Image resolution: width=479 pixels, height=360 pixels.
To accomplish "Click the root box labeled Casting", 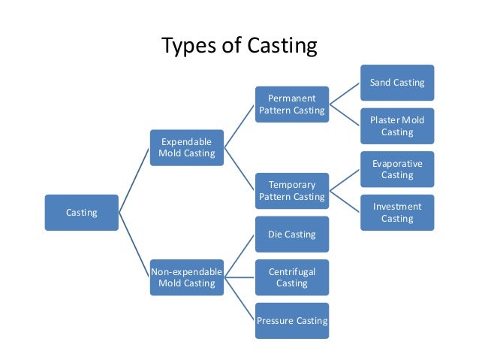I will pos(81,213).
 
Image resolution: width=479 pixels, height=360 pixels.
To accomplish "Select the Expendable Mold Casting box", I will pos(186,147).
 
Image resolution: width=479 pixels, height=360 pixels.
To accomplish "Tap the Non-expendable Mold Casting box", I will pos(186,277).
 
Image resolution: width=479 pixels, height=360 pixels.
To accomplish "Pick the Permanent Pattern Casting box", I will pos(292,104).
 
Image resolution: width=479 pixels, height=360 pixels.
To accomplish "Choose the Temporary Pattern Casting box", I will pos(292,190).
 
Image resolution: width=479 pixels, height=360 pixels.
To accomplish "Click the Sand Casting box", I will pos(397,83).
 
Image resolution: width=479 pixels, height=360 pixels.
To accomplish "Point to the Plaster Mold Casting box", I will pos(397,126).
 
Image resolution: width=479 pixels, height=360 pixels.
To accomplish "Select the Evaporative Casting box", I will pos(397,169).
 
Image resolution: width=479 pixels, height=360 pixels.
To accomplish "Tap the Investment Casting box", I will pos(397,212).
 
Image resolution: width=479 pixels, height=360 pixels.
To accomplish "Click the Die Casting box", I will pos(292,234).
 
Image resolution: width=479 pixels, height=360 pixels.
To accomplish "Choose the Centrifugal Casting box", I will pos(292,277).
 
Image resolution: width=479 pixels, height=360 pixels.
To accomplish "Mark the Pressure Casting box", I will pos(292,321).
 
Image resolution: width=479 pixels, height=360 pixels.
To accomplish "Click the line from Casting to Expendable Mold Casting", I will pos(134,180).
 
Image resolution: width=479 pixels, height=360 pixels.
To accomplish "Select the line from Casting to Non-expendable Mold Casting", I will pos(134,245).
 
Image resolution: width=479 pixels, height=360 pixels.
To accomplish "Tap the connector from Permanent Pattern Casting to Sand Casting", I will pos(345,93).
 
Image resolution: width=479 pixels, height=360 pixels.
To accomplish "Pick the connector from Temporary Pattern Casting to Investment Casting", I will pos(345,201).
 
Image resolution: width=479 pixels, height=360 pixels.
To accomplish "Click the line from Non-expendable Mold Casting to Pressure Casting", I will pos(239,299).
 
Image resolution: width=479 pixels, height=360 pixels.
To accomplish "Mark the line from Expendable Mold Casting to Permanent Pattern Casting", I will pos(239,126).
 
